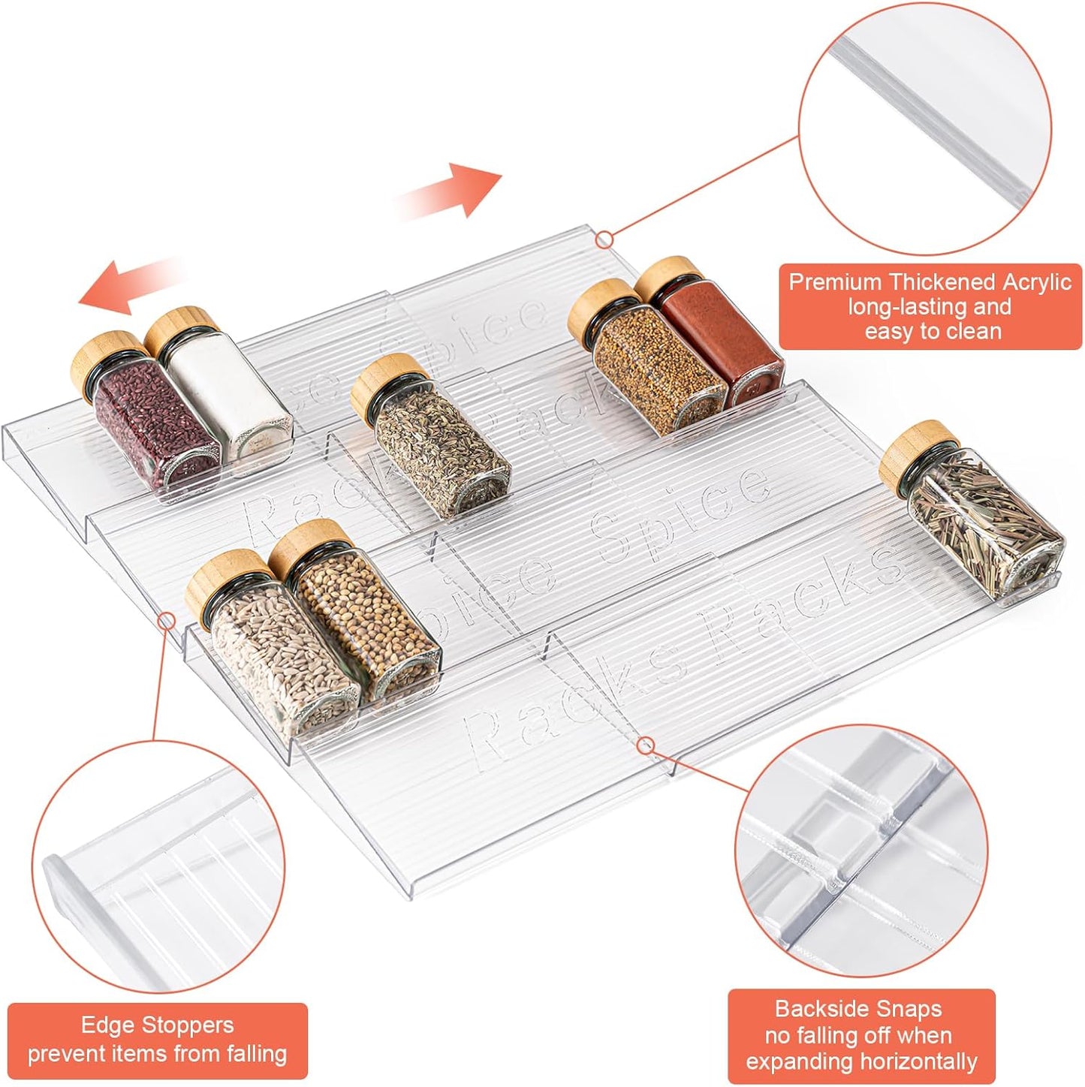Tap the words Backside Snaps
tap(857, 1008)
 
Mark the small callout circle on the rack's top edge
tap(604, 239)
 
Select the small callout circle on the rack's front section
tap(645, 745)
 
